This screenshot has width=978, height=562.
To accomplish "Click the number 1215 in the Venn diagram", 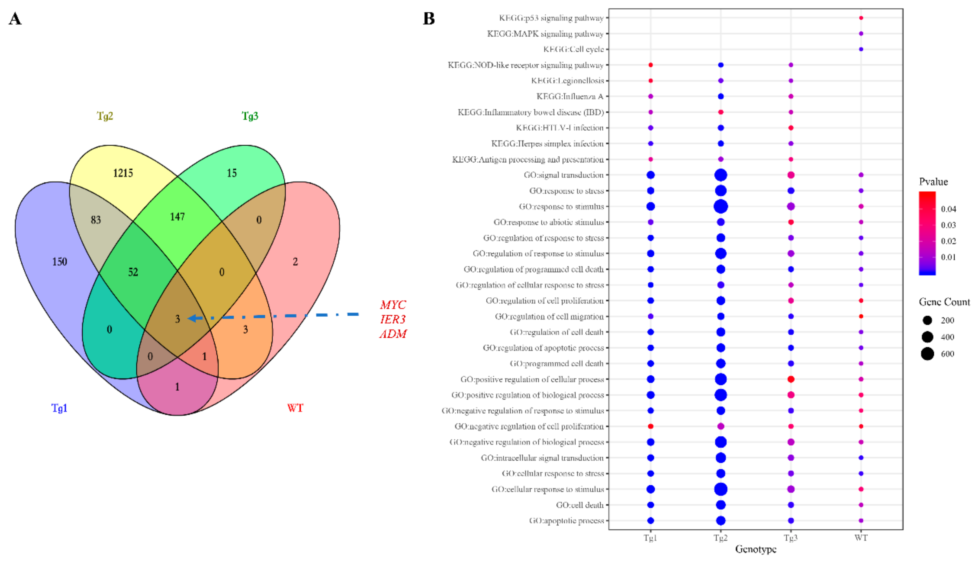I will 123,173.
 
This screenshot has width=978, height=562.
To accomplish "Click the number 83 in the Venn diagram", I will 96,220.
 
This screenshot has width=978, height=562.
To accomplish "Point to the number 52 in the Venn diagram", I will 133,272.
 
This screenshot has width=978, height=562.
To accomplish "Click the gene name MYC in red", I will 393,305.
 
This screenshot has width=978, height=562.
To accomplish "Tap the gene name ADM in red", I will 393,334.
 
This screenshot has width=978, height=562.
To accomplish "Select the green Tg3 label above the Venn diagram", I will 250,116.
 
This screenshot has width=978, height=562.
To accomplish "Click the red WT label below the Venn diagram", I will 295,408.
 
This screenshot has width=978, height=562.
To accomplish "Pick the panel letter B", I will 429,18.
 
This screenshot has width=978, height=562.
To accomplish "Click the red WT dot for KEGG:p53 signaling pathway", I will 861,18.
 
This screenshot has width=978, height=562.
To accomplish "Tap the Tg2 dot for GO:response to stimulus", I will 720,206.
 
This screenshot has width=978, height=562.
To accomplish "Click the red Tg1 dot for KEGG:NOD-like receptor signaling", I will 651,65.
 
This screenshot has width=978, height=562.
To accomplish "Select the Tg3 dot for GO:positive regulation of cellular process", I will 791,379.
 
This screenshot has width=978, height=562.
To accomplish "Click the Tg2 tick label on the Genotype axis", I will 720,538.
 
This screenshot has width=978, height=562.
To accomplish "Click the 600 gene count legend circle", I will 927,354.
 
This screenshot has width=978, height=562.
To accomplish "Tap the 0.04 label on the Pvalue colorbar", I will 948,209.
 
